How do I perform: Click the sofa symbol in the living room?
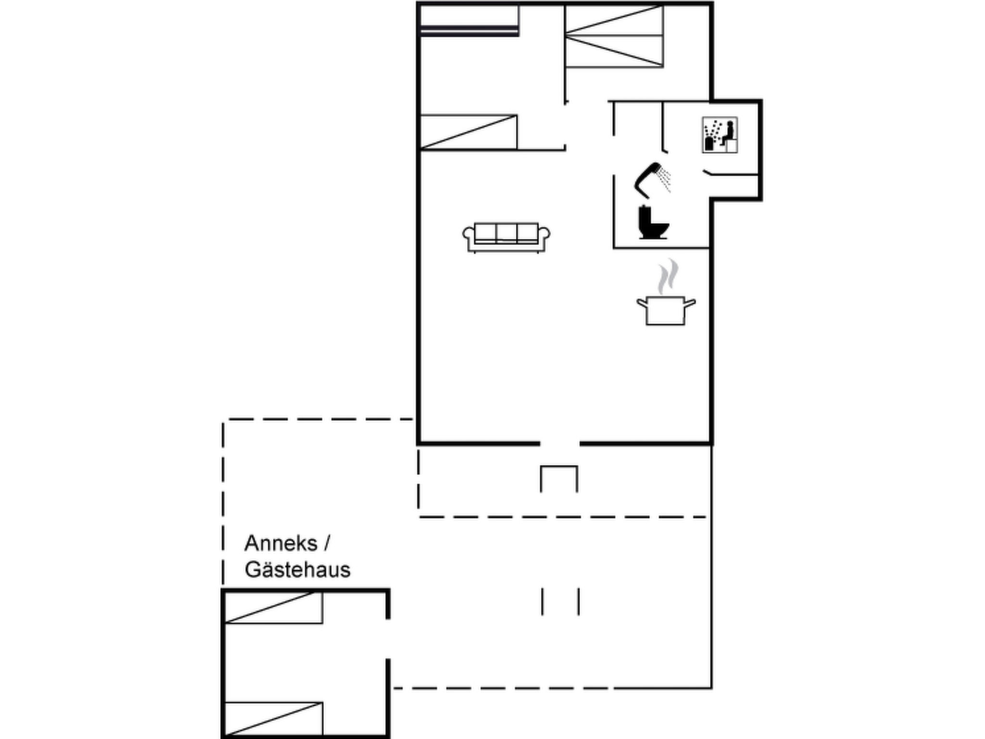coord(506,237)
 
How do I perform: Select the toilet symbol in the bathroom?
coord(653,222)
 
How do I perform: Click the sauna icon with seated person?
coord(720,135)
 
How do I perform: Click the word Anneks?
coord(281,544)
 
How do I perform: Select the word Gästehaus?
coord(298,570)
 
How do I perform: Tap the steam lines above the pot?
coord(668,276)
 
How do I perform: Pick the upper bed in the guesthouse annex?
coord(273,607)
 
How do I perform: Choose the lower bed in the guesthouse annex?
coord(273,719)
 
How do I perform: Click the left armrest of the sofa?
coord(468,237)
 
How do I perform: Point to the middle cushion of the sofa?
coord(506,232)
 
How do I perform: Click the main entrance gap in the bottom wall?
coord(560,443)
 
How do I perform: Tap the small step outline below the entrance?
coord(559,466)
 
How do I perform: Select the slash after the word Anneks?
coord(327,544)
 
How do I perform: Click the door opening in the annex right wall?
coord(388,639)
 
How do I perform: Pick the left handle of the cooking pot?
coord(642,303)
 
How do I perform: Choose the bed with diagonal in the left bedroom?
coord(468,132)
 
